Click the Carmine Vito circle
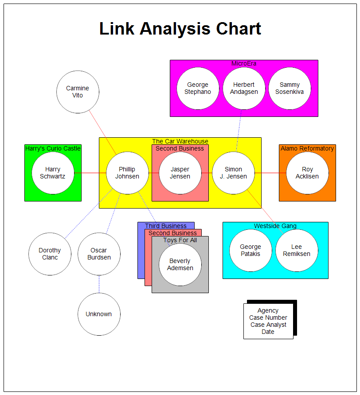(x=78, y=92)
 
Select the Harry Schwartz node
(x=53, y=173)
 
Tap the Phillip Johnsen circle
(x=127, y=173)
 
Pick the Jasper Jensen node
(x=180, y=173)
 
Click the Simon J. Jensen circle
(x=233, y=173)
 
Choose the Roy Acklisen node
(x=307, y=173)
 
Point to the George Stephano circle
(x=198, y=88)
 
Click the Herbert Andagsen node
(x=244, y=88)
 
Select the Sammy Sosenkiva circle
(x=290, y=88)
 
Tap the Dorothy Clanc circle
(x=50, y=254)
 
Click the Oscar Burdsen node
(x=99, y=254)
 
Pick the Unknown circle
(x=99, y=314)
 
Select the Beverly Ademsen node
(x=180, y=264)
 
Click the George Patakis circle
(x=250, y=250)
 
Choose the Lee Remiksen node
(x=297, y=250)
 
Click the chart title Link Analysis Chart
(x=180, y=29)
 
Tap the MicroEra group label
(x=244, y=63)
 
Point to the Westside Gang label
(x=275, y=226)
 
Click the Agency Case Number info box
(x=268, y=321)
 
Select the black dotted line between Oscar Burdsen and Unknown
(x=99, y=284)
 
